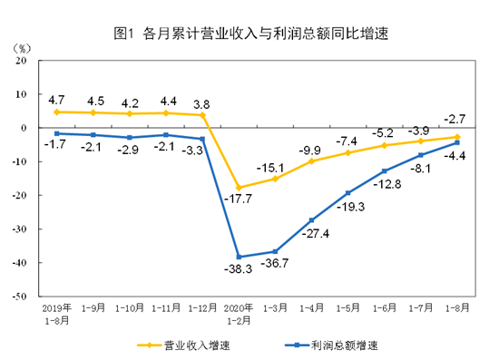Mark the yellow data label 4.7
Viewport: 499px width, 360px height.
tap(56, 99)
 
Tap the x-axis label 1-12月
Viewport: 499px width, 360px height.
tap(202, 307)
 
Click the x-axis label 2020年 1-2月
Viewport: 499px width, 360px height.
tap(238, 312)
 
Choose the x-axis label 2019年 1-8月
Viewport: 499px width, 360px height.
tap(56, 312)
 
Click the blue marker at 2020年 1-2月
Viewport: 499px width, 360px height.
tap(239, 257)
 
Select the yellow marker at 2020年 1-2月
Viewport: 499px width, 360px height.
tap(239, 188)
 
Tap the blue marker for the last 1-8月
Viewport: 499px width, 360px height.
tap(456, 142)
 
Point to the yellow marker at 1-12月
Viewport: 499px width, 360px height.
tap(202, 115)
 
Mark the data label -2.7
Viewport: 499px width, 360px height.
tap(455, 119)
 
